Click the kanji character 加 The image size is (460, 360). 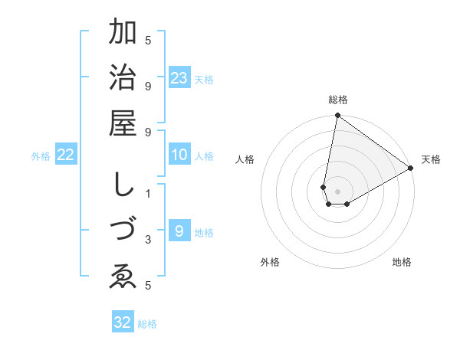[x=123, y=32]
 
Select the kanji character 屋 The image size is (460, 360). [x=123, y=123]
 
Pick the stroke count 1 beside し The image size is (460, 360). [x=148, y=194]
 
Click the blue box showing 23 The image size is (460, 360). [x=179, y=78]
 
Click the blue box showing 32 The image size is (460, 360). [x=123, y=322]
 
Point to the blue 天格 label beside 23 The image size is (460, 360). [x=204, y=80]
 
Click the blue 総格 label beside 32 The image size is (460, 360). [x=147, y=324]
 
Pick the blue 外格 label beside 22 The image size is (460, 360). [x=41, y=156]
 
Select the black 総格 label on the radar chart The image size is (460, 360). [x=338, y=100]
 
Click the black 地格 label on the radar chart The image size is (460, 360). [x=402, y=262]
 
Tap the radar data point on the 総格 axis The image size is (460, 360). [x=337, y=116]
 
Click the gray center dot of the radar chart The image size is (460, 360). [x=338, y=191]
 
